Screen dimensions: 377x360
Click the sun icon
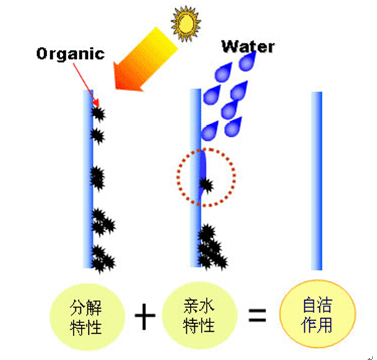186,23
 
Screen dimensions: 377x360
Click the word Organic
71,53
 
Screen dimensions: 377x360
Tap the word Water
248,46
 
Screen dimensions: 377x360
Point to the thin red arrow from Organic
86,85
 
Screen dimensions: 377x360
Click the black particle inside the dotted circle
206,185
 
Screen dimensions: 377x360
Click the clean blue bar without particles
316,181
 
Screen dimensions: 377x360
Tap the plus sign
145,316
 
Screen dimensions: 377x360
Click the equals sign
257,315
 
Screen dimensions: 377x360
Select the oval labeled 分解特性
87,317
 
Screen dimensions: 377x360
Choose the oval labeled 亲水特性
199,316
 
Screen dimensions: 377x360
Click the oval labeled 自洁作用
318,314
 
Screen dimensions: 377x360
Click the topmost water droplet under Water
247,61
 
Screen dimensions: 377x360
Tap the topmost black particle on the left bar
98,113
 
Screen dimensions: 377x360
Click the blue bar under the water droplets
196,178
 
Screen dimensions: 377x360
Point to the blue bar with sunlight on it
88,179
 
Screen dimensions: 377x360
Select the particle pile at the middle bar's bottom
212,247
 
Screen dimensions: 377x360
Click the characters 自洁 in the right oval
318,305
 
